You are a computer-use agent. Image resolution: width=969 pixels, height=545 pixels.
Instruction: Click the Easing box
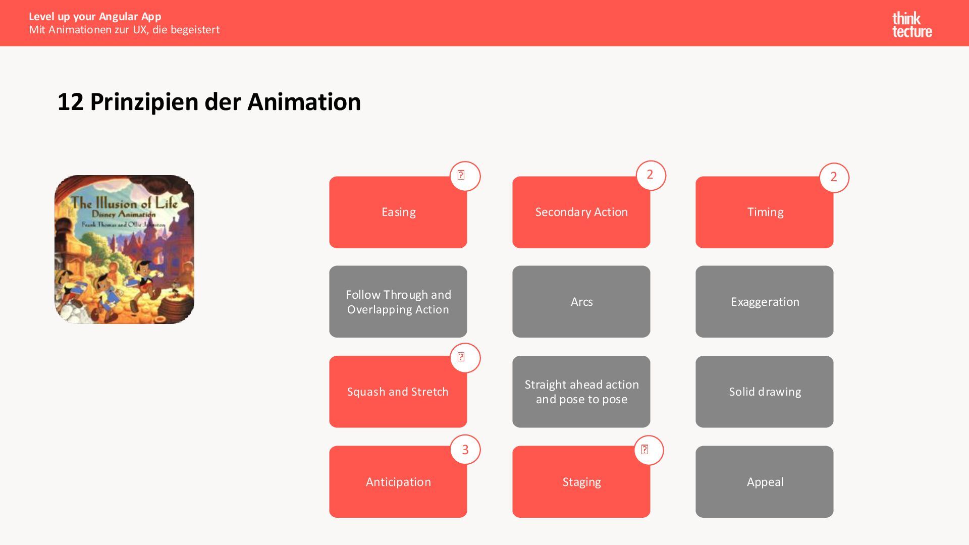click(x=398, y=212)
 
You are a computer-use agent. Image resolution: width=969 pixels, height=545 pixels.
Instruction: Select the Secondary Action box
click(x=581, y=212)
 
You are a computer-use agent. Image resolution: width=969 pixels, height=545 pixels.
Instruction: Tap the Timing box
click(x=764, y=212)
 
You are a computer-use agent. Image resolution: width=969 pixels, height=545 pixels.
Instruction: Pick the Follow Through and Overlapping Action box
click(x=398, y=302)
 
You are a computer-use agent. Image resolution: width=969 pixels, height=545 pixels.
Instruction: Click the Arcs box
click(x=581, y=302)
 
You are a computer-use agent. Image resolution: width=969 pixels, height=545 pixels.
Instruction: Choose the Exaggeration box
click(x=764, y=302)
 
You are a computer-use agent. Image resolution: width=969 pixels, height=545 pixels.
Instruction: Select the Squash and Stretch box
click(x=398, y=392)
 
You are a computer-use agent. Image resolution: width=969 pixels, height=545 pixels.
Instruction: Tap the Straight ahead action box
click(x=581, y=392)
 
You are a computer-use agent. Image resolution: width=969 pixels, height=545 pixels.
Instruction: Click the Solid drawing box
click(x=764, y=392)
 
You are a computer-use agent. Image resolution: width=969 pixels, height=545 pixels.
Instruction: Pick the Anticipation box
click(x=398, y=482)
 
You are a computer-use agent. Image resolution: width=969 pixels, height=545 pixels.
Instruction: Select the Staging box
click(x=581, y=482)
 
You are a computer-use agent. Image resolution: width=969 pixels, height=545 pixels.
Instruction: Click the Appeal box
click(x=764, y=482)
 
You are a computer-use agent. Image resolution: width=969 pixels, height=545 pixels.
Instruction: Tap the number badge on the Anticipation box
click(x=465, y=450)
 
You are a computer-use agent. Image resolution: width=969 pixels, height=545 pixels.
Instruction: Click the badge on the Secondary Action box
click(x=650, y=175)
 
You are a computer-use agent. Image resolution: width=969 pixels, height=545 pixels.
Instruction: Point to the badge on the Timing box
click(x=834, y=177)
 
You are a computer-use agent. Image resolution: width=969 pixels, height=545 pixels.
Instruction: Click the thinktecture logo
click(x=911, y=25)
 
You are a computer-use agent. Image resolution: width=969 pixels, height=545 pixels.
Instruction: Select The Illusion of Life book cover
click(x=124, y=249)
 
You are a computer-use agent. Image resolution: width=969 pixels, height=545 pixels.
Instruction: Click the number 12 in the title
click(x=70, y=102)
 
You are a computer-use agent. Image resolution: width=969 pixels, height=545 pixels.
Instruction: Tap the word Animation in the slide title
click(x=304, y=102)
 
